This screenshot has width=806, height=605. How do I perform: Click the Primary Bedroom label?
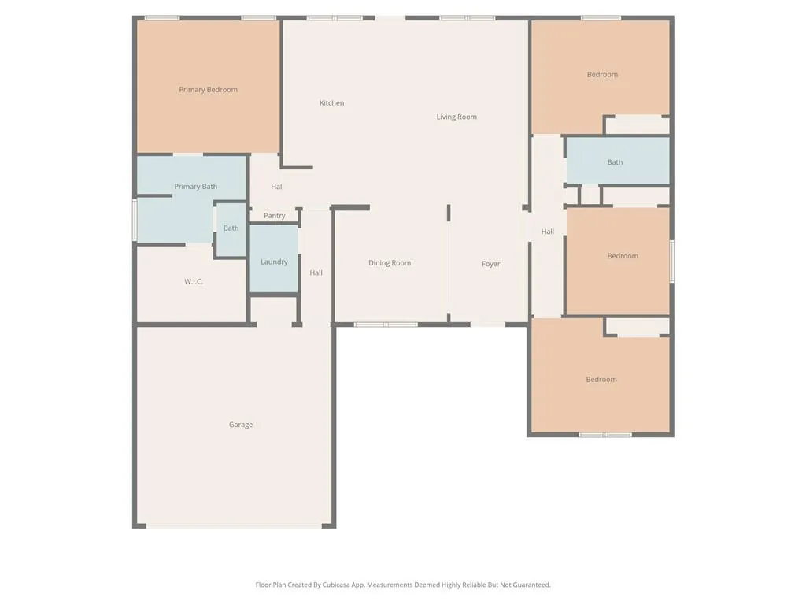pyautogui.click(x=208, y=90)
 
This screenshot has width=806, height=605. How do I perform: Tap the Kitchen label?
pyautogui.click(x=331, y=103)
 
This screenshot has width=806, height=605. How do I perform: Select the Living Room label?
pyautogui.click(x=457, y=117)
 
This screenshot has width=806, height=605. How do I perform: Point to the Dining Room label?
pyautogui.click(x=390, y=263)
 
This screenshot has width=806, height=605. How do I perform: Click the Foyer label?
pyautogui.click(x=490, y=264)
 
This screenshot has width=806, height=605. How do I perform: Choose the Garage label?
pyautogui.click(x=241, y=425)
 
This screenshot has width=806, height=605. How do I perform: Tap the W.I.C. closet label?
pyautogui.click(x=194, y=281)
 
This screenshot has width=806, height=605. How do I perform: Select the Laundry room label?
pyautogui.click(x=274, y=262)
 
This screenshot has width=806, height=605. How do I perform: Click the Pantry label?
pyautogui.click(x=275, y=216)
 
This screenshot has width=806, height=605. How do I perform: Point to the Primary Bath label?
pyautogui.click(x=195, y=187)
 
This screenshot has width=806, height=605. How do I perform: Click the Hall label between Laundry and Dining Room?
pyautogui.click(x=316, y=273)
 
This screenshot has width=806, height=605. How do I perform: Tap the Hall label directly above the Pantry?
pyautogui.click(x=277, y=187)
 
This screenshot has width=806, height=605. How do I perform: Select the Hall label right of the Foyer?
pyautogui.click(x=547, y=232)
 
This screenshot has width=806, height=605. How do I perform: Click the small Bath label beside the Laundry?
pyautogui.click(x=231, y=228)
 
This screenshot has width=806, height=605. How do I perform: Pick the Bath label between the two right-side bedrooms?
pyautogui.click(x=615, y=162)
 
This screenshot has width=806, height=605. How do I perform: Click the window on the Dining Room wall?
pyautogui.click(x=385, y=324)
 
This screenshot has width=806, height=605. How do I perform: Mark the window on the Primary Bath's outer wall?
pyautogui.click(x=135, y=219)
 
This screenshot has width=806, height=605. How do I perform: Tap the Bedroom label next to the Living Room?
pyautogui.click(x=602, y=75)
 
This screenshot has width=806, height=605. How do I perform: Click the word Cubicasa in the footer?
pyautogui.click(x=338, y=585)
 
